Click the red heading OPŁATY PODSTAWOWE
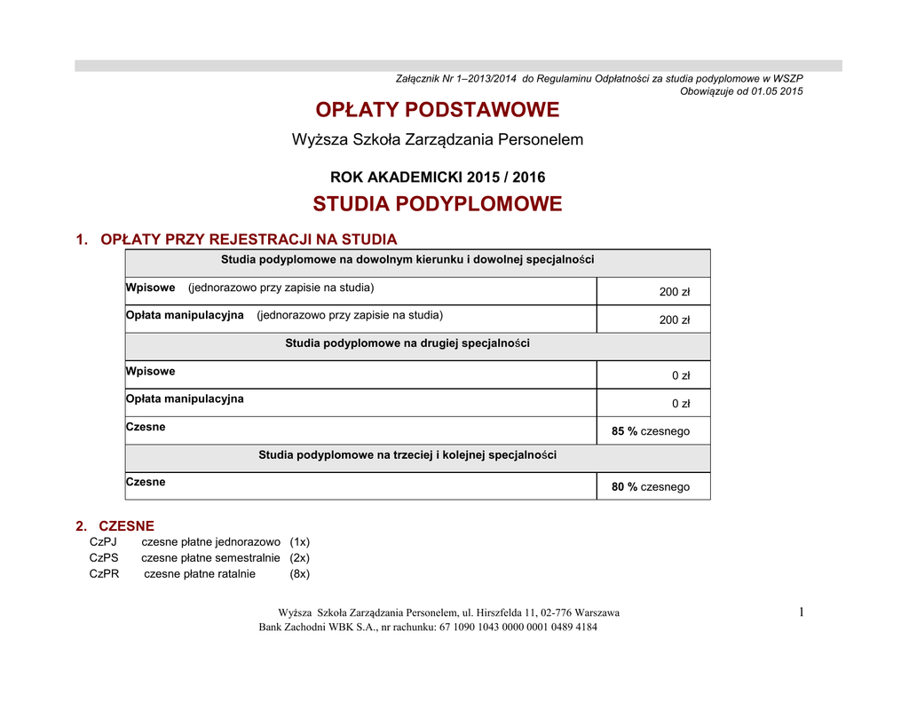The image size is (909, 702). (x=438, y=110)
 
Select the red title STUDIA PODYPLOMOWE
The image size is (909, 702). (x=438, y=204)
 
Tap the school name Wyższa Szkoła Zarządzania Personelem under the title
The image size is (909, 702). (x=438, y=139)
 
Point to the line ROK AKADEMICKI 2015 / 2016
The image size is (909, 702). (x=438, y=177)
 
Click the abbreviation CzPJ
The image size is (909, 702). (x=103, y=541)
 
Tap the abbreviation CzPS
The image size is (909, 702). (x=104, y=557)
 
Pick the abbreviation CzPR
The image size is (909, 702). (x=104, y=573)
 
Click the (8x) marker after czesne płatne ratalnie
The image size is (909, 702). (x=299, y=573)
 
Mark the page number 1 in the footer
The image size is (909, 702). (x=800, y=611)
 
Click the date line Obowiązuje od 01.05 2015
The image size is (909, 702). (x=741, y=91)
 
